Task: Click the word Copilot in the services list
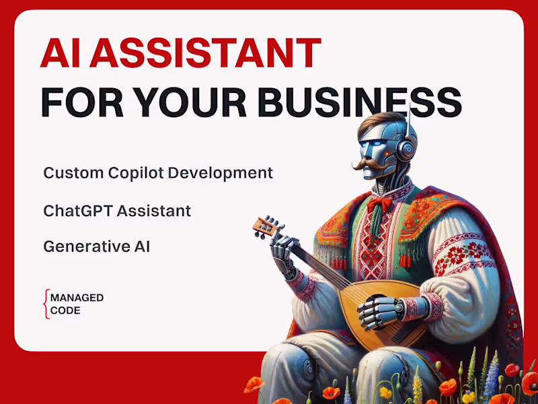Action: [x=137, y=173]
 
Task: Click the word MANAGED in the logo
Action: [x=77, y=298]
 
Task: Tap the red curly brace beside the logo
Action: [x=46, y=304]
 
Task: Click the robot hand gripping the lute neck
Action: [x=282, y=252]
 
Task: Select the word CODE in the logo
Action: [x=65, y=310]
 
